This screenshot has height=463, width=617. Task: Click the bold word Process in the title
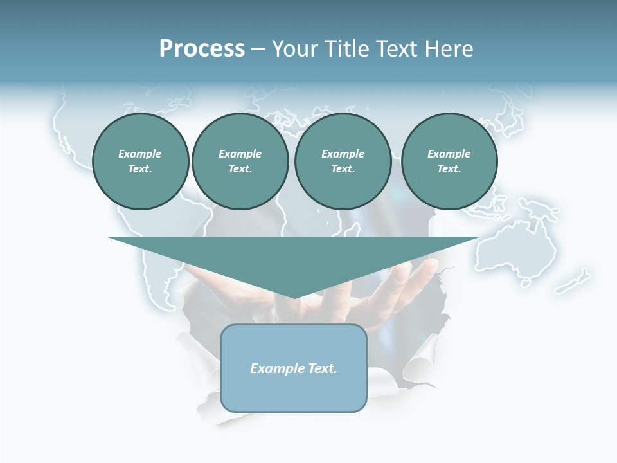202,49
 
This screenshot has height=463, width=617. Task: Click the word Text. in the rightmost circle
449,168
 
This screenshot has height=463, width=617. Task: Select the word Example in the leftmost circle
140,154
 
